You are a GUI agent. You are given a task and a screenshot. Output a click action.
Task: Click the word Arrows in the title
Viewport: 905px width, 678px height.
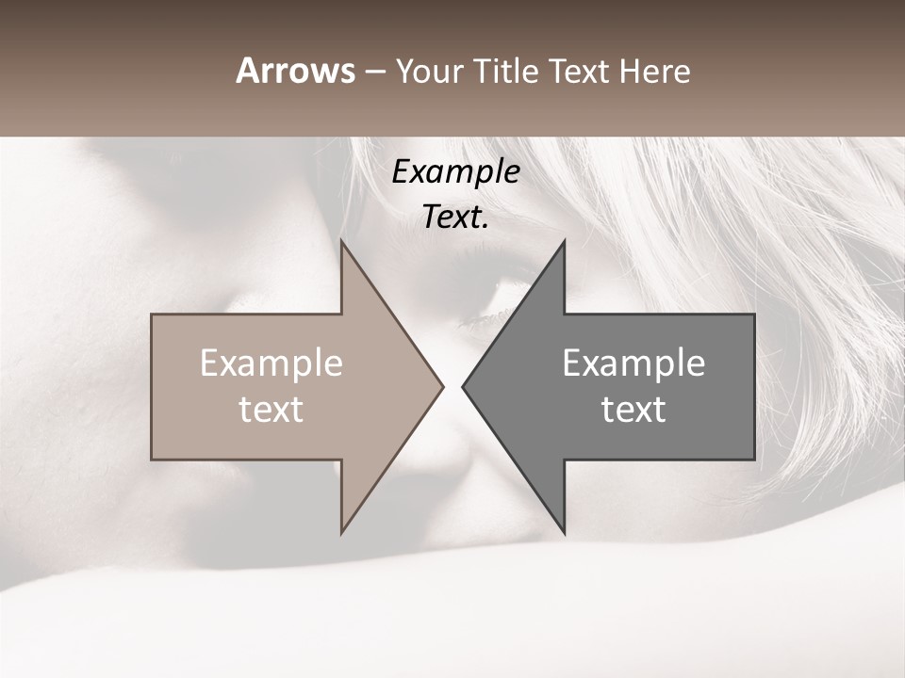[295, 71]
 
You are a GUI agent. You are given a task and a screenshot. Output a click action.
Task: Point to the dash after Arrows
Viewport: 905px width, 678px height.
[374, 73]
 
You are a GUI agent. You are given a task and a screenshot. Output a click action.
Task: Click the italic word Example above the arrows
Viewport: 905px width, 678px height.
[455, 171]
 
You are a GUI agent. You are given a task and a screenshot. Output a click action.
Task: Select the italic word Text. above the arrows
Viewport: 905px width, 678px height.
[455, 218]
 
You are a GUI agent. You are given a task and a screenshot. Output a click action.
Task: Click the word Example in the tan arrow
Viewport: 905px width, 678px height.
[271, 363]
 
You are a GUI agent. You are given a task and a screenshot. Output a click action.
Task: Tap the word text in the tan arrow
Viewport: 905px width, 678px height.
[271, 410]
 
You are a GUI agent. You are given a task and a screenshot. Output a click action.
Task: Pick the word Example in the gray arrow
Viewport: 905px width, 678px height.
[633, 363]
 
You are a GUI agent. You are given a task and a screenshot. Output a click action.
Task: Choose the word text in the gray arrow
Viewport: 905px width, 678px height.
[633, 410]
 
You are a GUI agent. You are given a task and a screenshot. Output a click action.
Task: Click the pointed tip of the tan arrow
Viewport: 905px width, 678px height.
[442, 386]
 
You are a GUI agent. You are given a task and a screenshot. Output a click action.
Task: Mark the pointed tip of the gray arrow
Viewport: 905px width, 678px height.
[463, 386]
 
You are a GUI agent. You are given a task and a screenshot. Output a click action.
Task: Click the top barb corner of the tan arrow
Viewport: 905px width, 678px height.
[341, 241]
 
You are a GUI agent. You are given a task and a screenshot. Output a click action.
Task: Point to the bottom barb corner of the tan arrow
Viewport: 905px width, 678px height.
[341, 532]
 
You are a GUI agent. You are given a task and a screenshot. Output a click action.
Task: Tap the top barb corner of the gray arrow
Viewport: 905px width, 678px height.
[564, 241]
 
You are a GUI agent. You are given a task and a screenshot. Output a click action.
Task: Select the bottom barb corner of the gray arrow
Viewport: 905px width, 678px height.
[564, 532]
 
